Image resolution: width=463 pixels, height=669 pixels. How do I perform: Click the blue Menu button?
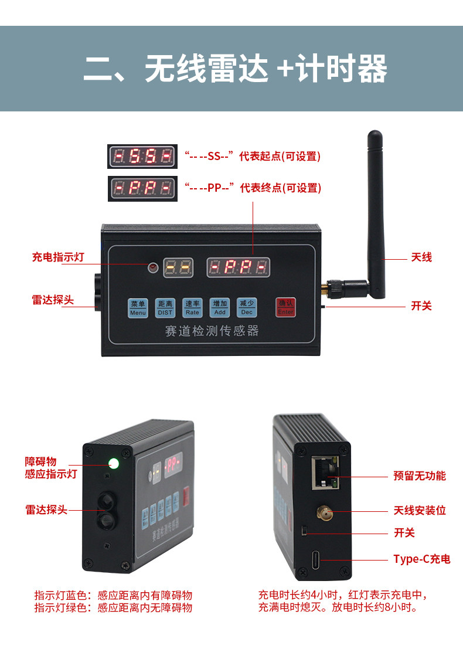tap(138, 308)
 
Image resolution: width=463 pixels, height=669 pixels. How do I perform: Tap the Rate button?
tap(192, 308)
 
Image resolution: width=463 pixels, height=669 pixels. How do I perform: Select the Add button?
tap(220, 308)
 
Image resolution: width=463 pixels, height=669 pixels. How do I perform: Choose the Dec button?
tap(247, 308)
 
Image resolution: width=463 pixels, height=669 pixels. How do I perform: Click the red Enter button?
tap(285, 308)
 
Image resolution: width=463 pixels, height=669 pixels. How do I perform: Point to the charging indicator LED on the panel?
tap(153, 268)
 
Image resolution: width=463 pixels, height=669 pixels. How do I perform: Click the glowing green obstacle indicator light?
tap(114, 464)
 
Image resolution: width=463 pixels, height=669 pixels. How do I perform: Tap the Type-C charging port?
tap(317, 560)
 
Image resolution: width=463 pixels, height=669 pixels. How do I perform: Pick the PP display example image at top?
tap(142, 188)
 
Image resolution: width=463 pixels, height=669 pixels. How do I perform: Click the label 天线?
tap(421, 257)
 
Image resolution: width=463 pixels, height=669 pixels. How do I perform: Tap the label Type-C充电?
tap(421, 559)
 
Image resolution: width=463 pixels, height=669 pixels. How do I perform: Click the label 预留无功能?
tap(419, 476)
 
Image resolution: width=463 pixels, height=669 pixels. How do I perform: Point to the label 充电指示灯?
tap(58, 257)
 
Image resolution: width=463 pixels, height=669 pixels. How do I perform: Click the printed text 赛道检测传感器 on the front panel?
tap(212, 331)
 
